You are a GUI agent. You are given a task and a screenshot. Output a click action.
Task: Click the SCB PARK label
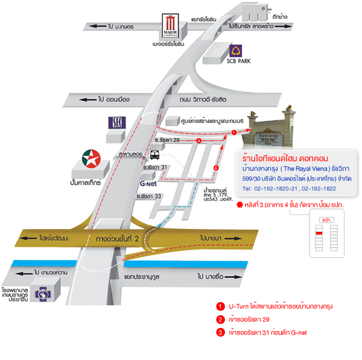pos(238,61)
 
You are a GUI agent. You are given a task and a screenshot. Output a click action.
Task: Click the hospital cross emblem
pos(43,294)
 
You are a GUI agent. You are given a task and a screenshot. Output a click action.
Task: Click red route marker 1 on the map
pos(234,131)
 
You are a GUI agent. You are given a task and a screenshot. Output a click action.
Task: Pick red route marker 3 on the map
pos(216,167)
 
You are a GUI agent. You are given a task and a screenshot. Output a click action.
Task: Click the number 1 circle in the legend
pos(220,306)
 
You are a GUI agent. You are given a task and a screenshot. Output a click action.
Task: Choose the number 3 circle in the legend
pos(220,332)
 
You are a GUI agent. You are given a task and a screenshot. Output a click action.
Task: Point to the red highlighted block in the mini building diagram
pos(319,231)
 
